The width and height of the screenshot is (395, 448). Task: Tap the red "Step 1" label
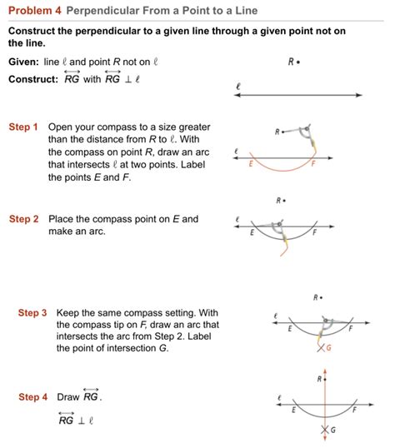(x=23, y=127)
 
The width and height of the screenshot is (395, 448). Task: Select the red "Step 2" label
(x=23, y=219)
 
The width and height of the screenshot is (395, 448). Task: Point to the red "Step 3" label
(x=33, y=312)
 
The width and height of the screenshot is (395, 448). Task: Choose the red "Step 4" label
(x=33, y=397)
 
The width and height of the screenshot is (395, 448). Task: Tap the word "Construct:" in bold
(x=32, y=79)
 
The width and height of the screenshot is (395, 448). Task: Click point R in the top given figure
(x=297, y=62)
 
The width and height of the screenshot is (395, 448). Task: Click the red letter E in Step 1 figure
(x=251, y=165)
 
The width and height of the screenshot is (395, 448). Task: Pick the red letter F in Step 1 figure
(x=314, y=165)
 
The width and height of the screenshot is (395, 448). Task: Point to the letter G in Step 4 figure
(x=332, y=430)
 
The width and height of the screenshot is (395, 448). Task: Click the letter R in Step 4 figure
(x=318, y=379)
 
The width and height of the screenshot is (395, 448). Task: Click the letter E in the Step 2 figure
(x=252, y=233)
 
